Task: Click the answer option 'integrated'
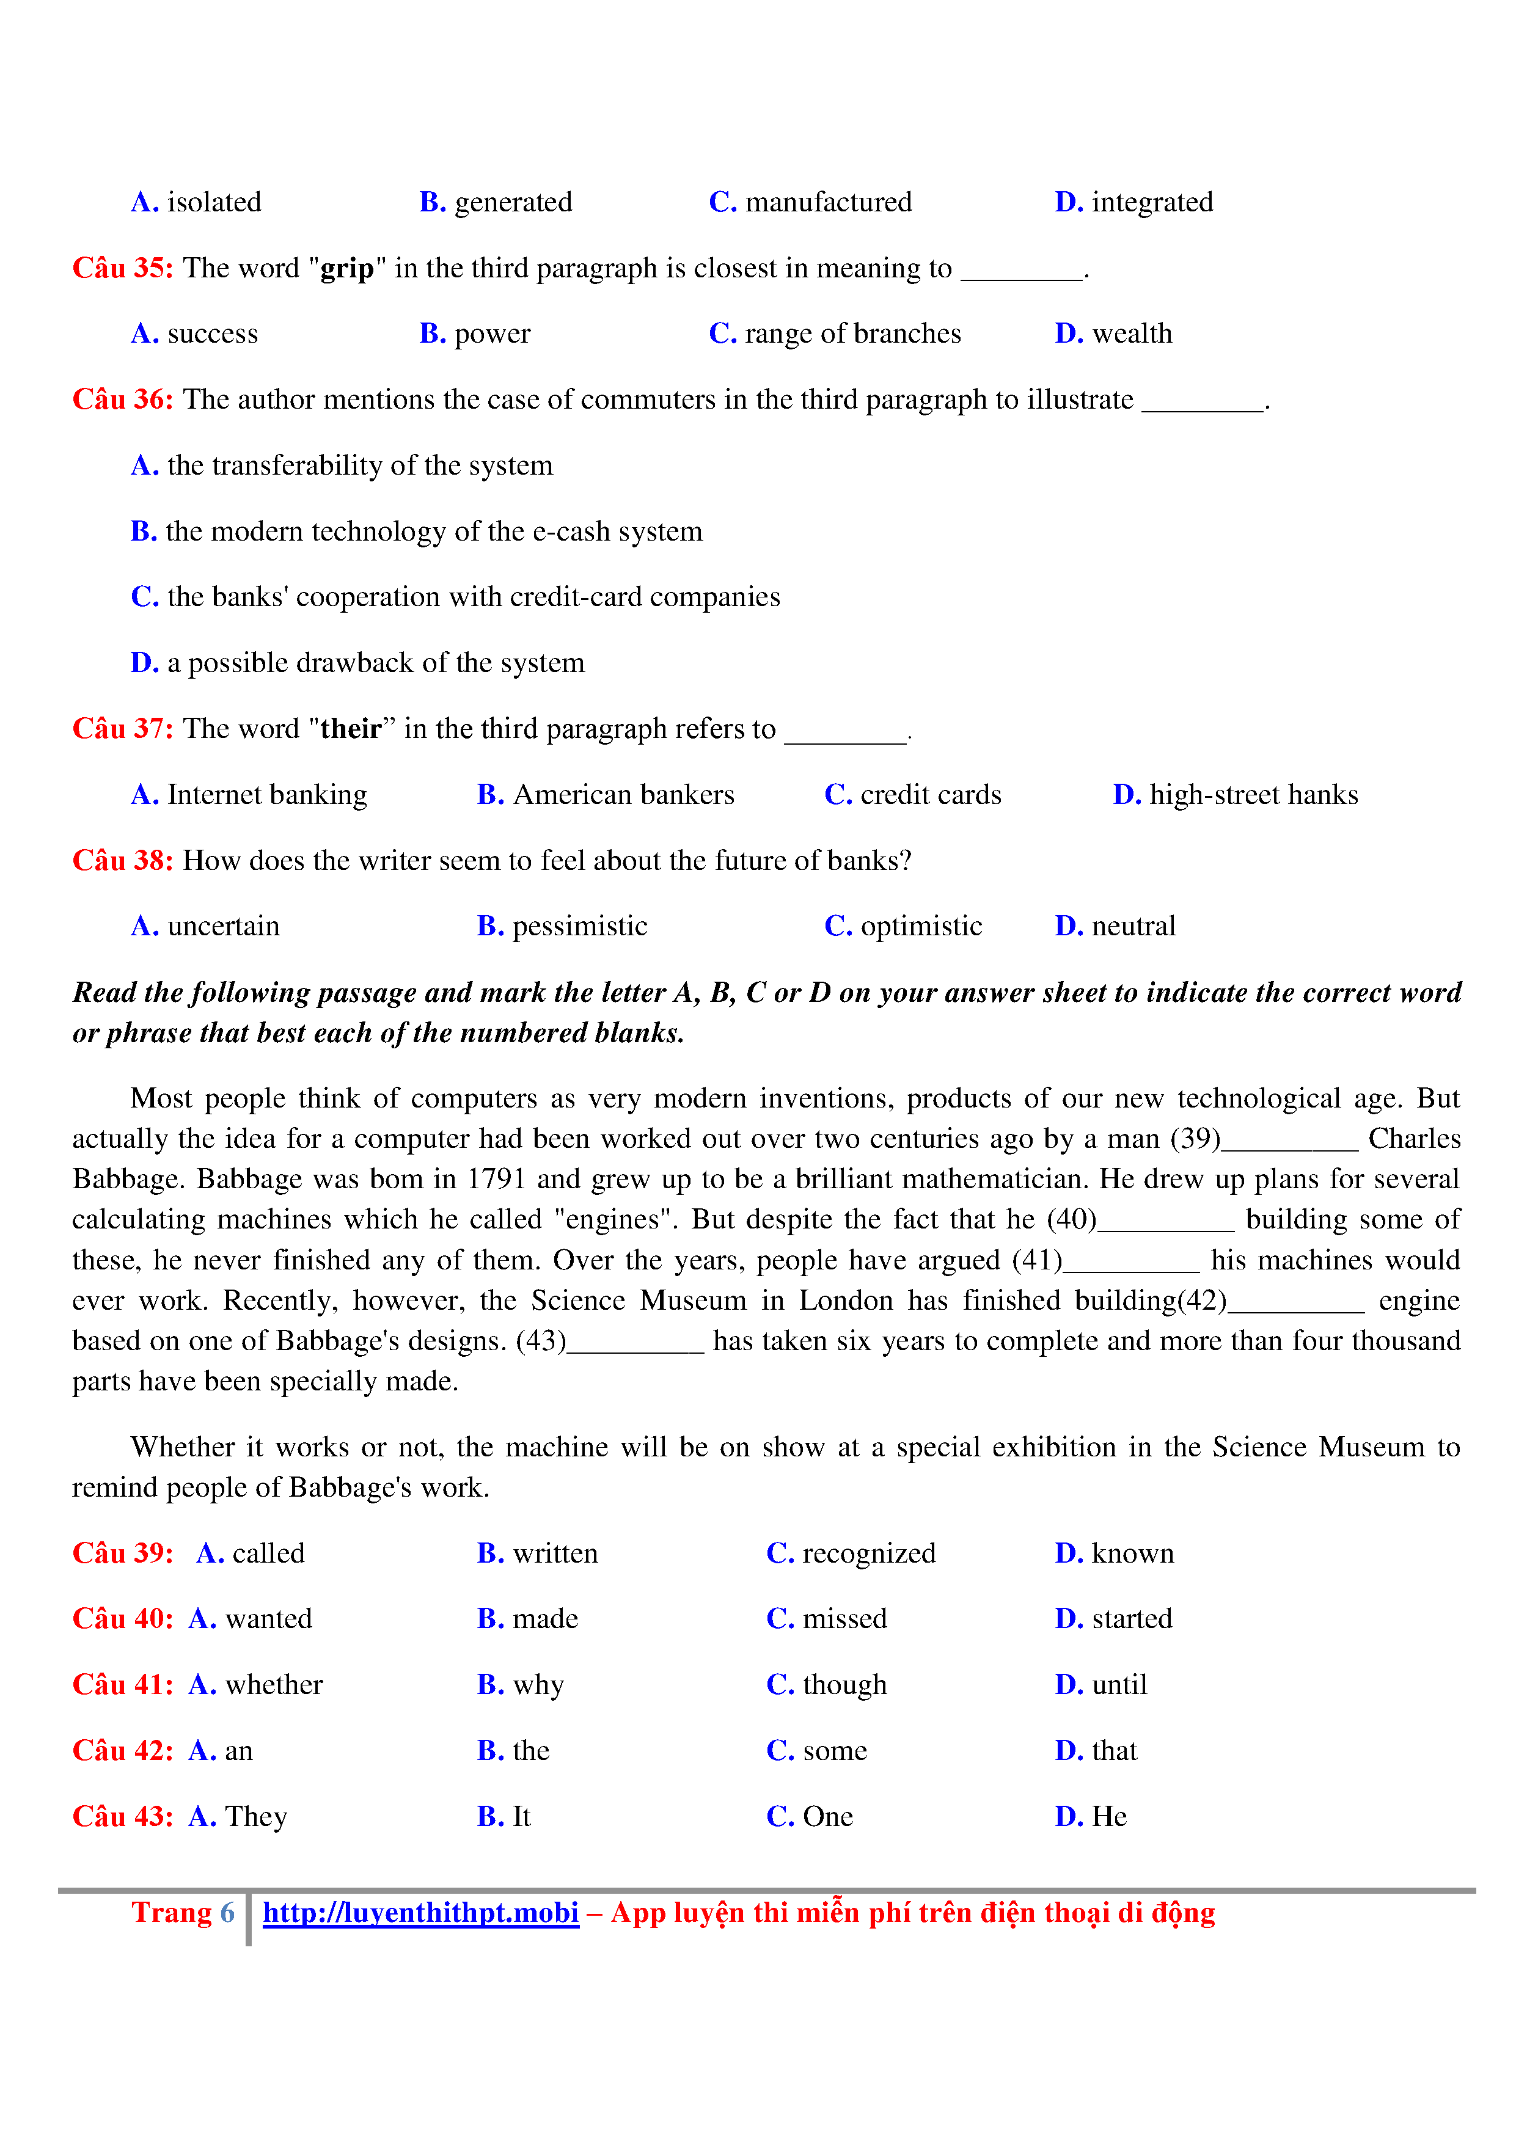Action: (x=1152, y=203)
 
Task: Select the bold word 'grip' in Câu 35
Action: (x=346, y=269)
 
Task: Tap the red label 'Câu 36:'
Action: (x=122, y=400)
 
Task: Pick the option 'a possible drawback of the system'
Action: (x=375, y=663)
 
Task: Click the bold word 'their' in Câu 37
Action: (x=351, y=729)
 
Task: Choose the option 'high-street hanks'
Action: (x=1253, y=795)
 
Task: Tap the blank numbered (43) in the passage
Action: (x=635, y=1342)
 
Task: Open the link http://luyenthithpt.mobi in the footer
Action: (x=420, y=1913)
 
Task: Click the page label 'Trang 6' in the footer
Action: (x=183, y=1913)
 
